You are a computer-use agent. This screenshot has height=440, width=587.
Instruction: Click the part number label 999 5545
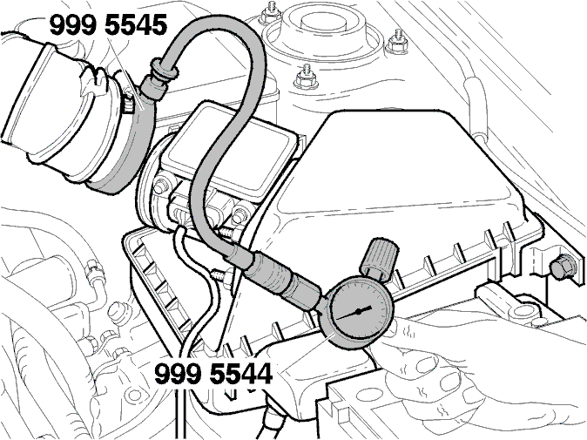point(109,25)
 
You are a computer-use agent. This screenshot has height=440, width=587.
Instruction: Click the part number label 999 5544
point(213,374)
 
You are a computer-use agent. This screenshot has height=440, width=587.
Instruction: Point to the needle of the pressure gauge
point(354,313)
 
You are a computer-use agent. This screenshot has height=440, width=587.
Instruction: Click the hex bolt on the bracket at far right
point(563,266)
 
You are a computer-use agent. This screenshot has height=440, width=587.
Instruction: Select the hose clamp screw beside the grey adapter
point(128,101)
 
